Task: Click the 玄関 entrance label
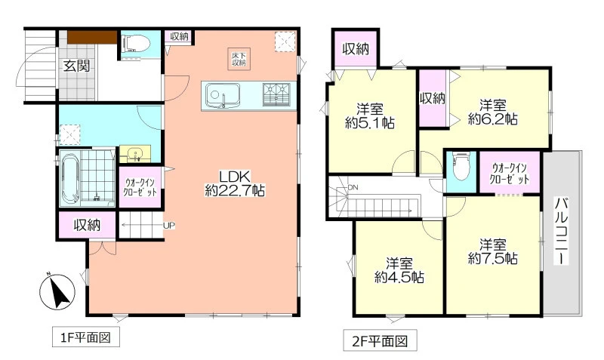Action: coord(77,66)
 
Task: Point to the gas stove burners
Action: coord(276,94)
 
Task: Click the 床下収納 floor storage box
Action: coord(239,60)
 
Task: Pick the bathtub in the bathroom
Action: coord(70,179)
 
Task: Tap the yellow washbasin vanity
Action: coord(135,154)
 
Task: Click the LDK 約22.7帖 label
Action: coord(235,183)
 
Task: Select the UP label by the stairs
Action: coord(169,226)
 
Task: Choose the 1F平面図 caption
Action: coord(86,337)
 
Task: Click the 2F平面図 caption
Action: coord(380,340)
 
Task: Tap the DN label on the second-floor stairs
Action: coord(353,187)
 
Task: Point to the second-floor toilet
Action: coord(461,166)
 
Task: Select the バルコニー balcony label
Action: coord(561,231)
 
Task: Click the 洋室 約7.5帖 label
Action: coord(493,251)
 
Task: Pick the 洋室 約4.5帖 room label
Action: coord(399,270)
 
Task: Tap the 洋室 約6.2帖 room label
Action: coord(493,112)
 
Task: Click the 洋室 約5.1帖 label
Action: coord(370,115)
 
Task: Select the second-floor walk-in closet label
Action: coord(509,174)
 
